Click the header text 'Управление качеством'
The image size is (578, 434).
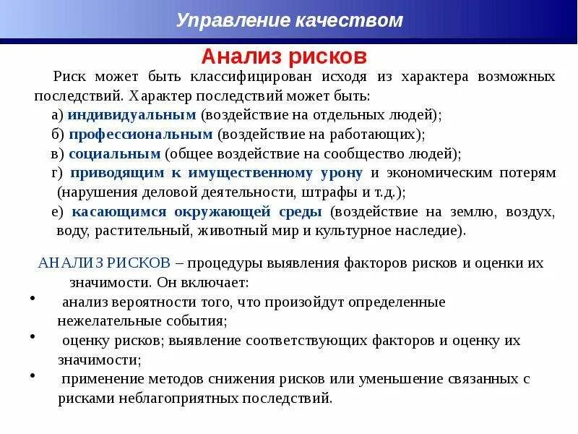point(289,20)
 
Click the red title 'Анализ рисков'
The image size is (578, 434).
point(284,56)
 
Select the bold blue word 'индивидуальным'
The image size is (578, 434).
point(132,114)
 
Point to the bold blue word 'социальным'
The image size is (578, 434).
point(114,153)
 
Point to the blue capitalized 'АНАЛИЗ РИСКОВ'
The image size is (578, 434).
point(104,263)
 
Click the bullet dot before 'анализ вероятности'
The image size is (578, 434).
point(35,297)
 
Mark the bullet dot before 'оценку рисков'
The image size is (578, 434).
point(35,336)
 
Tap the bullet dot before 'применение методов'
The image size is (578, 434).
point(35,375)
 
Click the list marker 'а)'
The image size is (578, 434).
point(57,114)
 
